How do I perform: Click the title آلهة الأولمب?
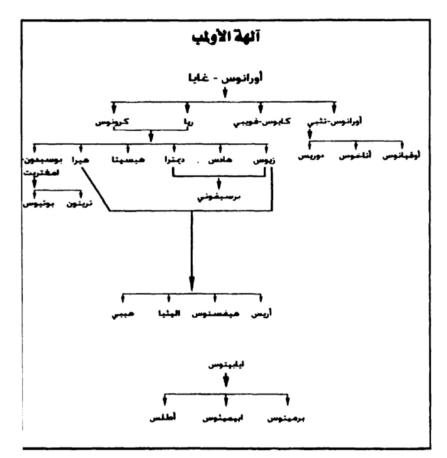click(224, 38)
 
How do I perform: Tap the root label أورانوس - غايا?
click(224, 79)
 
